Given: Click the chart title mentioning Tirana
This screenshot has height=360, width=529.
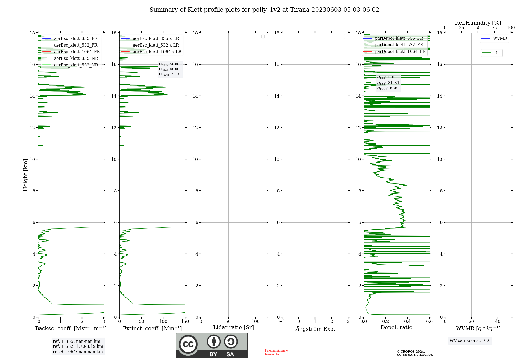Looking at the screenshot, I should [264, 10].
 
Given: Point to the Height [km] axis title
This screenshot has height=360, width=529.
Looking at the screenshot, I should [25, 175].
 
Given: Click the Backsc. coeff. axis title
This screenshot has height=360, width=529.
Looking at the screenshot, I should [71, 328].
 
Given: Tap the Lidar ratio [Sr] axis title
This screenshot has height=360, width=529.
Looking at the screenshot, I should [234, 328].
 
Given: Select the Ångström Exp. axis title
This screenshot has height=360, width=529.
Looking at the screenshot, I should [315, 329].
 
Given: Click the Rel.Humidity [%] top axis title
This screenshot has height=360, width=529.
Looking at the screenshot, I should [478, 23].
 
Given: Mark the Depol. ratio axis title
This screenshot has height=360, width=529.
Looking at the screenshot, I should [396, 328].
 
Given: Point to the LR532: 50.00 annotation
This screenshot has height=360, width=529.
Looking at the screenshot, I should [169, 69].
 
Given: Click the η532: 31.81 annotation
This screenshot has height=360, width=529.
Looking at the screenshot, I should [388, 83].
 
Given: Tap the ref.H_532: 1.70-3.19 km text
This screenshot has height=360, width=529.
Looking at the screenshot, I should [78, 346].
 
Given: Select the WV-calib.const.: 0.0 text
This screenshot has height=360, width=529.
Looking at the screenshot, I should [470, 341].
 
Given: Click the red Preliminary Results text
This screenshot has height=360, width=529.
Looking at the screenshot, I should [276, 352].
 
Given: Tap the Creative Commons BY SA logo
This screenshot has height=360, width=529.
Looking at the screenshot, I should [212, 345].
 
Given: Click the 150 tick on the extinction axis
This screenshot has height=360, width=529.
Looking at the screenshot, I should [185, 322].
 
